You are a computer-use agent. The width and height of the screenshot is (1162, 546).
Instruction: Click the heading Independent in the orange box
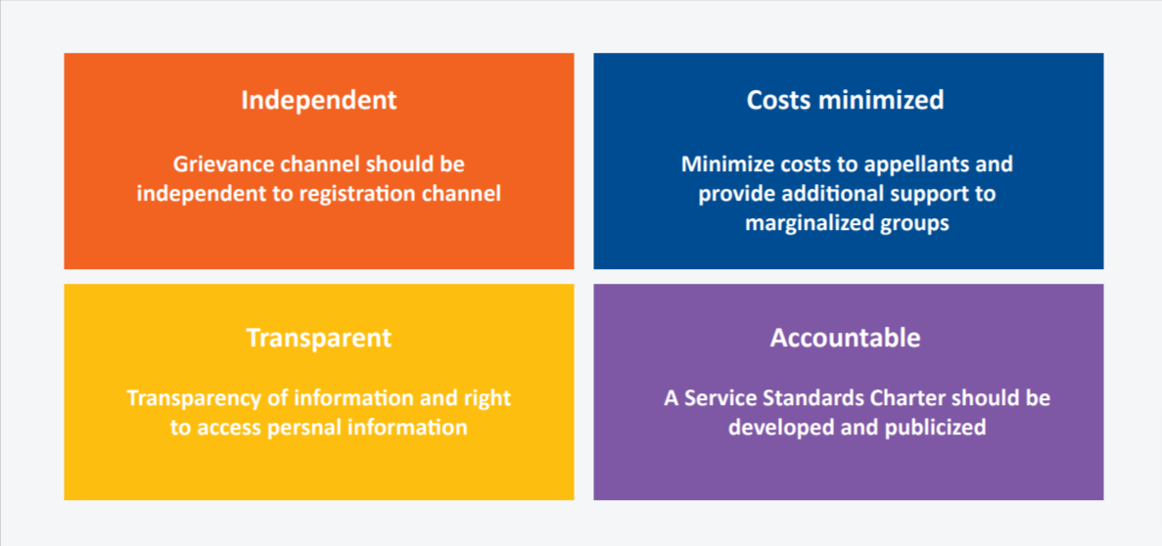319,101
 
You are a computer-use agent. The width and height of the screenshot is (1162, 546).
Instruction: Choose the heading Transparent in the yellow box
319,338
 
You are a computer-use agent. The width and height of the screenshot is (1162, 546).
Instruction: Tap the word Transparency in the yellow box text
188,398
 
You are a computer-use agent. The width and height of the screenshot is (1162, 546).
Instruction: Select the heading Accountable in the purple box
846,338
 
